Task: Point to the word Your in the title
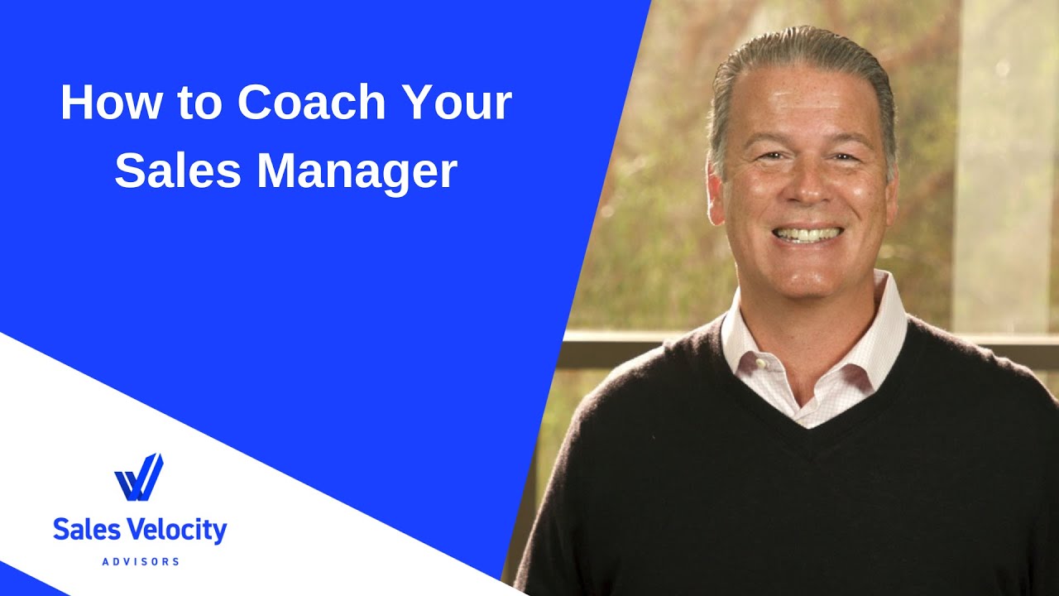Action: click(x=458, y=104)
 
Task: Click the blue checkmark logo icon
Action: click(x=138, y=478)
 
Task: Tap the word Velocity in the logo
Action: click(x=175, y=530)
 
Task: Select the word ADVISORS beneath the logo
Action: click(x=140, y=562)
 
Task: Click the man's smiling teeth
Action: click(x=807, y=234)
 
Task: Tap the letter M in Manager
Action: click(x=277, y=172)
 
